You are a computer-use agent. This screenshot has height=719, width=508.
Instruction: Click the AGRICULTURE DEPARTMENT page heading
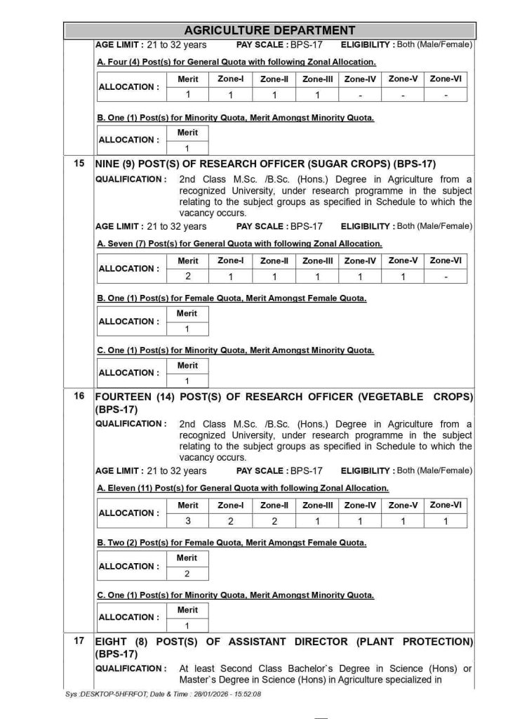pos(269,30)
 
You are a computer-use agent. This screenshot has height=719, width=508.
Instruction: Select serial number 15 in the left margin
pos(79,164)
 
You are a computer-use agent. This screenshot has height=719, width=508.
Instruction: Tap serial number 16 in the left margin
pos(79,396)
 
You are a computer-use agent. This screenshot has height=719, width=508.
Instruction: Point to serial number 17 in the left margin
pos(79,641)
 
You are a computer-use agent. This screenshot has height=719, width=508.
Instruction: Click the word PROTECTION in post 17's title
pos(433,642)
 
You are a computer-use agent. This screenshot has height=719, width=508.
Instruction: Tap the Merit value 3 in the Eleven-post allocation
pos(188,521)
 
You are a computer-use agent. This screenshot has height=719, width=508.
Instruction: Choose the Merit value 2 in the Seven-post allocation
pos(188,277)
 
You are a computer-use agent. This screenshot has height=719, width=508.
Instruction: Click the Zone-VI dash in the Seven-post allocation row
pos(446,277)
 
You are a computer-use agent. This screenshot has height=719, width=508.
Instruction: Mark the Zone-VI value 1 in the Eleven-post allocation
pos(446,521)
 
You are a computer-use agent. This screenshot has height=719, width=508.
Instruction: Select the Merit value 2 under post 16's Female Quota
pos(187,574)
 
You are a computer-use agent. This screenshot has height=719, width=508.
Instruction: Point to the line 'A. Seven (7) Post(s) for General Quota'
pos(239,244)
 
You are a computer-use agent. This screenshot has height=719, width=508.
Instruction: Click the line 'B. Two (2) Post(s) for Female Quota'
pos(232,542)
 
